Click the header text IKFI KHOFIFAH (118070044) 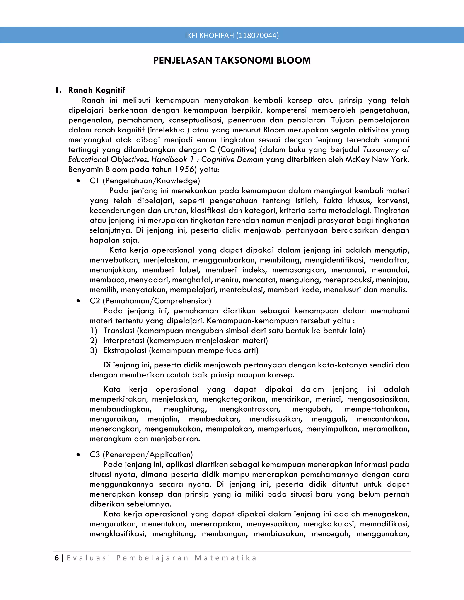pyautogui.click(x=232, y=36)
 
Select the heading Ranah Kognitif pyautogui.click(x=97, y=90)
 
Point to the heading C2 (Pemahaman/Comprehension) pyautogui.click(x=150, y=301)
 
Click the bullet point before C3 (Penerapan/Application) pyautogui.click(x=79, y=455)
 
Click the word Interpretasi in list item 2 pyautogui.click(x=124, y=341)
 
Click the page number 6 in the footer pyautogui.click(x=57, y=558)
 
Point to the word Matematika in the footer pyautogui.click(x=225, y=558)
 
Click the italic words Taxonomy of pyautogui.click(x=386, y=150)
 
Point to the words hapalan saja pyautogui.click(x=114, y=240)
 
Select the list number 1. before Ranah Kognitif pyautogui.click(x=58, y=90)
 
